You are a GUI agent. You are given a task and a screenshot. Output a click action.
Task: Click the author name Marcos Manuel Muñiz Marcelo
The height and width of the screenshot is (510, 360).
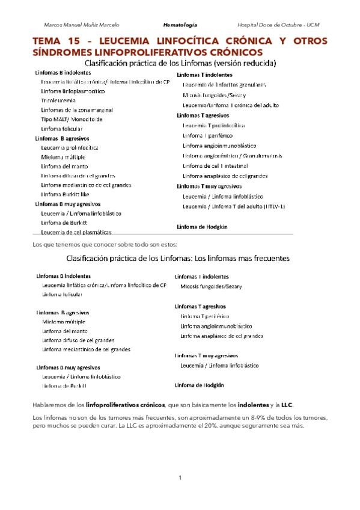[x=82, y=25]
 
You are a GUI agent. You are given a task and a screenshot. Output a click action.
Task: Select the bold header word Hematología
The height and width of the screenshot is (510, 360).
[x=180, y=25]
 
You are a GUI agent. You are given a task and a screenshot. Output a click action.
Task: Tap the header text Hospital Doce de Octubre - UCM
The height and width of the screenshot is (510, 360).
[x=278, y=25]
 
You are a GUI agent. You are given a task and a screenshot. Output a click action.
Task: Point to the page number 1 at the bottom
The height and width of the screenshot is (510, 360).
[x=180, y=478]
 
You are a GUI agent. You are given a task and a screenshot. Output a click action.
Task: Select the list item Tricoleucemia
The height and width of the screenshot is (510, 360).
[x=59, y=101]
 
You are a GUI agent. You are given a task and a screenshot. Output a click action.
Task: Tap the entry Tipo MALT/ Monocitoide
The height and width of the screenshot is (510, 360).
[x=72, y=119]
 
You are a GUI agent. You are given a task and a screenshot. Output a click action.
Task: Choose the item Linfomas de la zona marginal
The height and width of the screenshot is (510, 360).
[x=76, y=110]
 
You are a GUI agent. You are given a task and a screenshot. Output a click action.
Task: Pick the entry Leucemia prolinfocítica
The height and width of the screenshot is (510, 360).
[x=70, y=147]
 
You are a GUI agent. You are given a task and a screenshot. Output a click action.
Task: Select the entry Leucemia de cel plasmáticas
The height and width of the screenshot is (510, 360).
[x=76, y=232]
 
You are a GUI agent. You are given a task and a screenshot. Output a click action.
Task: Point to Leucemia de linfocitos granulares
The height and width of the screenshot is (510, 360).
[x=224, y=85]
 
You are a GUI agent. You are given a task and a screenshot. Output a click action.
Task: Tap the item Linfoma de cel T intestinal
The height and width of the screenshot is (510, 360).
[x=219, y=165]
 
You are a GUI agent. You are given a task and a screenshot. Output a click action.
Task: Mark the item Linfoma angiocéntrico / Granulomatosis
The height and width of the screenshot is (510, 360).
[x=233, y=156]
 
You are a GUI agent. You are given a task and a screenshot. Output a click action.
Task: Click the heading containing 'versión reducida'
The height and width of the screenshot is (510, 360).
[x=180, y=63]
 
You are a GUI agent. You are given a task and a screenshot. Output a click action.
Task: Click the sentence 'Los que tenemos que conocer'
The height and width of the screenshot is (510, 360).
[x=105, y=244]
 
